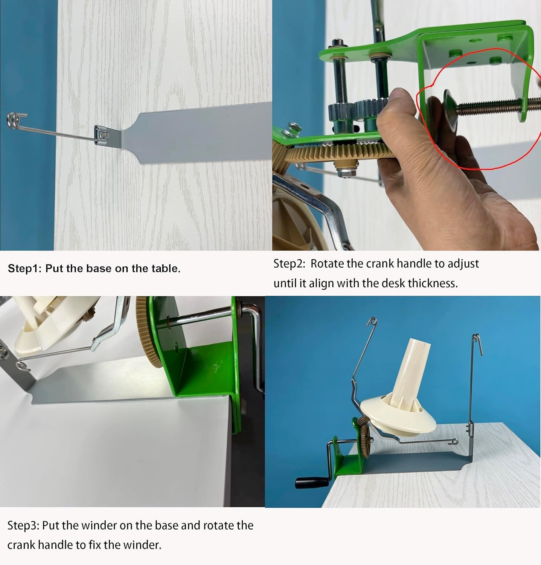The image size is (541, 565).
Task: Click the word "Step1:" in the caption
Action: (25, 269)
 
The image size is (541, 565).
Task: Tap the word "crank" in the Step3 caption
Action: (21, 545)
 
